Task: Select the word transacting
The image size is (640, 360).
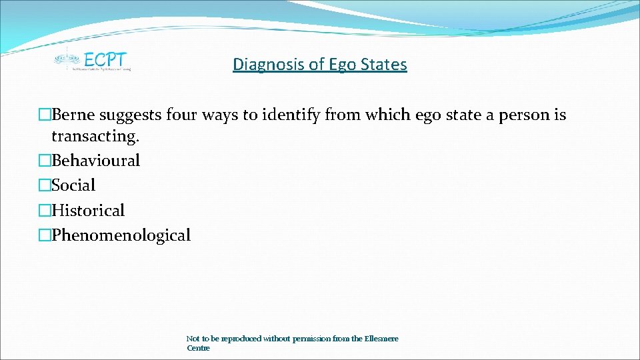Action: click(x=95, y=136)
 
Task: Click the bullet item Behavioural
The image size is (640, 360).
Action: click(x=95, y=161)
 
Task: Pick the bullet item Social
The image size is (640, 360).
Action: click(x=73, y=185)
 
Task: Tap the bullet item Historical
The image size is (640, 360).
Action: click(x=88, y=211)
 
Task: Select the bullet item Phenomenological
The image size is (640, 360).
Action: click(x=121, y=235)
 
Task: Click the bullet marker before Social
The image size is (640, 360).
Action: click(x=45, y=185)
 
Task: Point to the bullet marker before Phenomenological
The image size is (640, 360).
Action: click(x=45, y=235)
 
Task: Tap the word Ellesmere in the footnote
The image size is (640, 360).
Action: click(x=381, y=339)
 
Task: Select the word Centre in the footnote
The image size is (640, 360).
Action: click(x=198, y=348)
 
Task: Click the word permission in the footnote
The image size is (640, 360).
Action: click(x=307, y=339)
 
